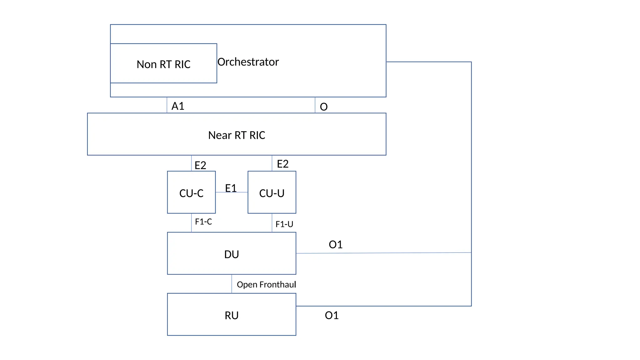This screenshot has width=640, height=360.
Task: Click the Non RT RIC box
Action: tap(163, 64)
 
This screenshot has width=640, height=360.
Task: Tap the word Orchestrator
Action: tap(248, 62)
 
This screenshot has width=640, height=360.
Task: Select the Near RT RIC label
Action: tap(237, 135)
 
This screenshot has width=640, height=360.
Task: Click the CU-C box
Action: tap(191, 193)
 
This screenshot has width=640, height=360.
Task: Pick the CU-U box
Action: tap(272, 193)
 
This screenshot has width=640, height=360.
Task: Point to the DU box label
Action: tap(232, 254)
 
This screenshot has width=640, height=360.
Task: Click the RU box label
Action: tap(232, 315)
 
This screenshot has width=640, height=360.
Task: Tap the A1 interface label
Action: tap(178, 106)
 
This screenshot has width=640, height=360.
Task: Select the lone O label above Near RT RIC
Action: tap(324, 107)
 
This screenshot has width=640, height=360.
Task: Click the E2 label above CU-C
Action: tap(200, 165)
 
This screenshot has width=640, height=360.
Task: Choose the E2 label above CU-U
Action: tap(282, 164)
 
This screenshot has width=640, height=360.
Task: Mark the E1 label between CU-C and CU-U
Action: tap(231, 188)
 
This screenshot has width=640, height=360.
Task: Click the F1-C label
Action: tap(203, 222)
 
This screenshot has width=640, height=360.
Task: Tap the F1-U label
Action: tap(284, 224)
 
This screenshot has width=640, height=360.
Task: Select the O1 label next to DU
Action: tap(336, 244)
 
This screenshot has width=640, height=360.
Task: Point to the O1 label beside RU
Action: tap(332, 315)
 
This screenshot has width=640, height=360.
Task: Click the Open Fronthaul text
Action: tap(266, 284)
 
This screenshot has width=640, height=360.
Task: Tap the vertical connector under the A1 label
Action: tap(167, 105)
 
